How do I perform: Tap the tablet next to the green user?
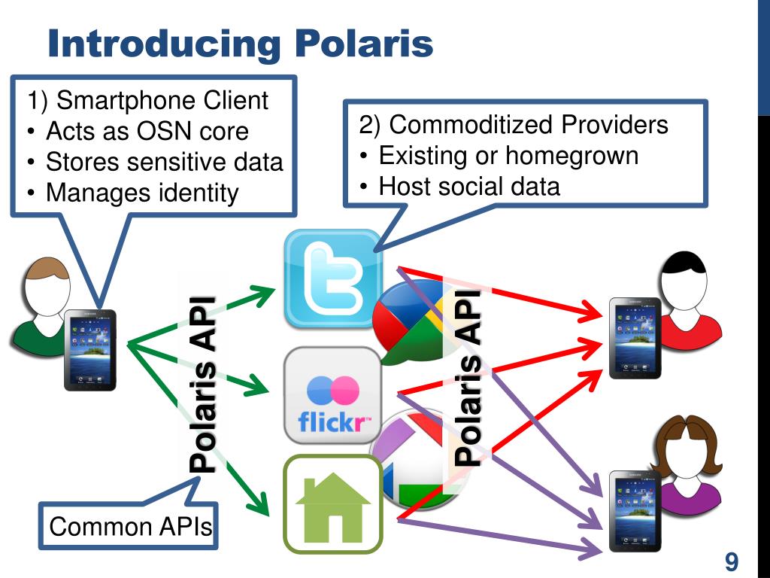89,350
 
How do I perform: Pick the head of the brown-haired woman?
685,452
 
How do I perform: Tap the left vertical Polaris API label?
202,384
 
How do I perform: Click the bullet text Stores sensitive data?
164,162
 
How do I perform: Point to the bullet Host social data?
469,186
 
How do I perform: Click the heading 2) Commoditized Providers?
514,125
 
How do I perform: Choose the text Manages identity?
141,193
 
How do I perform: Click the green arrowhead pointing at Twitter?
267,292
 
